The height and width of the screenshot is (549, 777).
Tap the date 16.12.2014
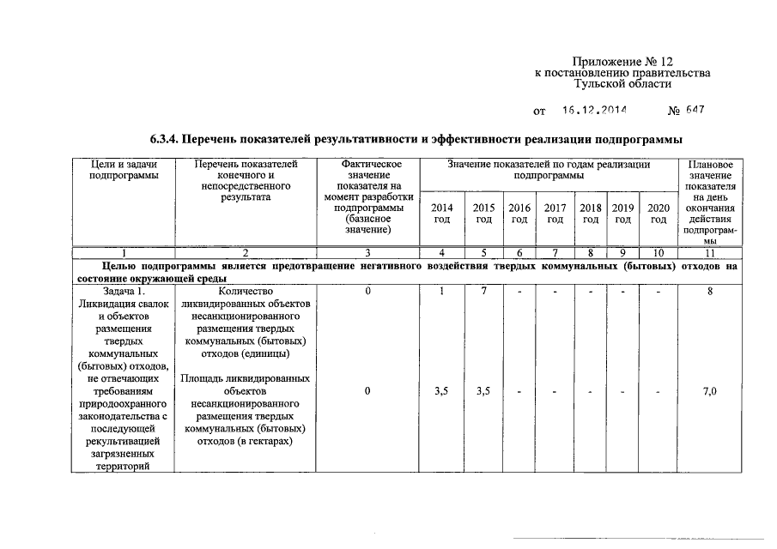coord(595,111)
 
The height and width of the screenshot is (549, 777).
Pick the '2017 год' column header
coord(555,214)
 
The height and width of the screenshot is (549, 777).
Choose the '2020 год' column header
coord(659,214)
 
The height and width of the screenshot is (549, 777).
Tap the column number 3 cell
coord(368,253)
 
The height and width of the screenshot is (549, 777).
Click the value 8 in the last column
coord(709,292)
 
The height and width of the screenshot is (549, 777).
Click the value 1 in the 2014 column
coord(442,292)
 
